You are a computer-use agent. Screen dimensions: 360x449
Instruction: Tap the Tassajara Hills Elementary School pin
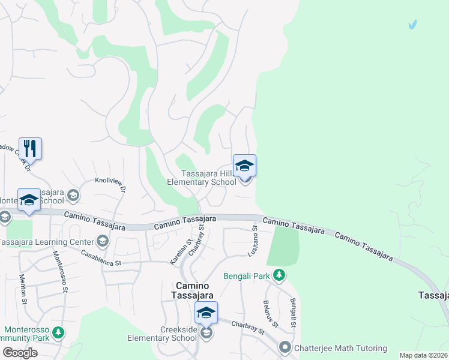pos(244,166)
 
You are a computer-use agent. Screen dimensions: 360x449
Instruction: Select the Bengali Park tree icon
pos(279,275)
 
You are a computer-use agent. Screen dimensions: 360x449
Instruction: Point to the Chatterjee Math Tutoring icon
pos(285,347)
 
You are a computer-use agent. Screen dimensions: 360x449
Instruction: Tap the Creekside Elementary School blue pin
pos(206,313)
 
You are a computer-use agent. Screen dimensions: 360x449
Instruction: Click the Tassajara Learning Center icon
pos(102,241)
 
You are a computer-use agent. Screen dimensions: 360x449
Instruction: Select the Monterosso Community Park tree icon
pos(58,332)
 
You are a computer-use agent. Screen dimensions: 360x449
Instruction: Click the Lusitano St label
pos(255,238)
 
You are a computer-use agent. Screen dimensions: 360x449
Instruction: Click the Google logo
pos(20,353)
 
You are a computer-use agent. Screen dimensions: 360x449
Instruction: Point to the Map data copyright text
pos(423,355)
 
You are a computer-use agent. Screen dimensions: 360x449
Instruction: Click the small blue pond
pos(412,25)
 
